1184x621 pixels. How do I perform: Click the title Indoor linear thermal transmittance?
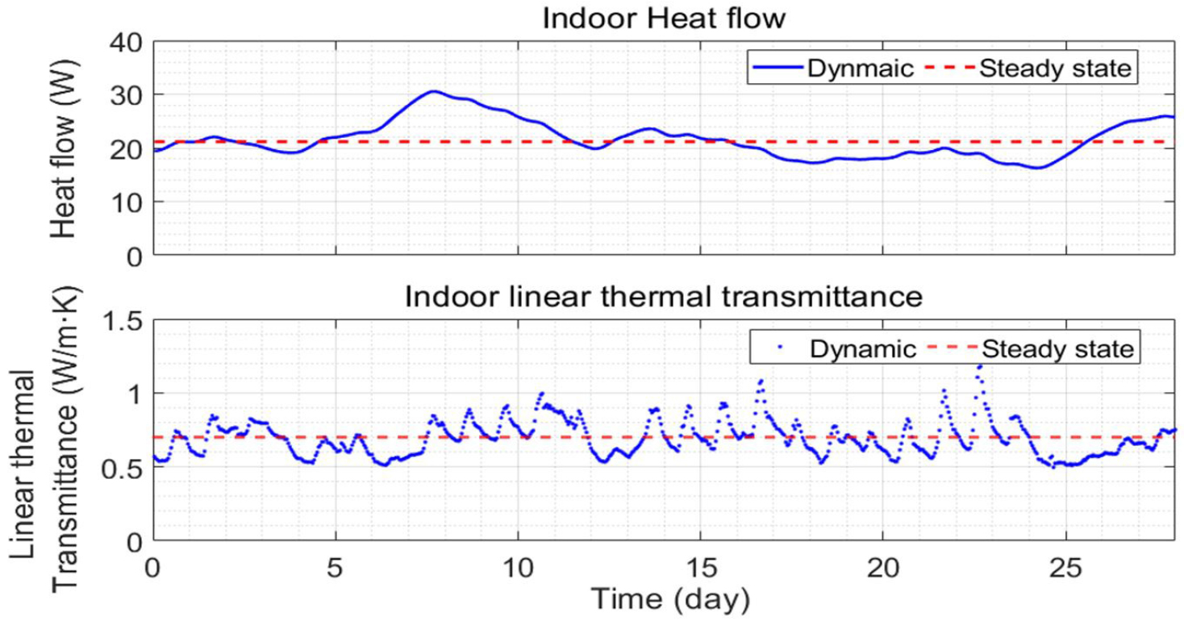coord(663,296)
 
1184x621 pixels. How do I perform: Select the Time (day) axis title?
coord(671,598)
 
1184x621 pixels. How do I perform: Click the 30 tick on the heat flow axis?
coord(126,95)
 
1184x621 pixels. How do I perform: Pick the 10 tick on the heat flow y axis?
coord(126,202)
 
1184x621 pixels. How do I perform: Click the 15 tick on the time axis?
coord(700,562)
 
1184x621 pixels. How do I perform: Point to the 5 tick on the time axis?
coord(335,562)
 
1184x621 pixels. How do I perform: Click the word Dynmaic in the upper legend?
coord(861,69)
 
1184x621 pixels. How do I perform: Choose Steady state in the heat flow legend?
coord(1055,69)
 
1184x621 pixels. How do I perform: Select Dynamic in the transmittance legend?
coord(863,349)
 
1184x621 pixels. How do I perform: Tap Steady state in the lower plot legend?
coord(1057,349)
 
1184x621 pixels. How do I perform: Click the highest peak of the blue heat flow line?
coord(433,91)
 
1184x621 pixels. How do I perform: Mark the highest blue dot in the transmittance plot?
coord(980,367)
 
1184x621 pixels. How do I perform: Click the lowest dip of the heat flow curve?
coord(1038,168)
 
